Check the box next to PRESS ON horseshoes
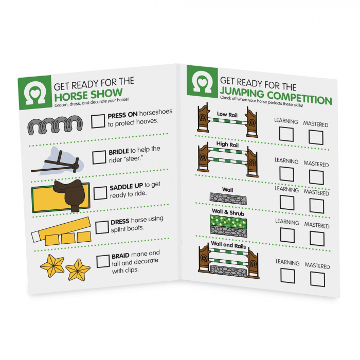click(98, 121)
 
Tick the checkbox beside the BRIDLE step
click(99, 157)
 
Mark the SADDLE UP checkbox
click(100, 193)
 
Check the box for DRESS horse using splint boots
click(102, 227)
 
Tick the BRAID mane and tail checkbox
click(103, 261)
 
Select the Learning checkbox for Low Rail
click(286, 134)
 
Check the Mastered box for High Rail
click(316, 177)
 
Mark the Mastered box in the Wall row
click(317, 206)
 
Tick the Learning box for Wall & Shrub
click(287, 236)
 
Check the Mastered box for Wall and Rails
click(317, 279)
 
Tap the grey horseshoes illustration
click(55, 125)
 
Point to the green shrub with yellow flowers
click(228, 221)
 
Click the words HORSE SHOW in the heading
click(88, 95)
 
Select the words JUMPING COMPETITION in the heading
click(276, 96)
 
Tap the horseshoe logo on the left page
click(35, 93)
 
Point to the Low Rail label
click(227, 114)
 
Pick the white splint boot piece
click(37, 237)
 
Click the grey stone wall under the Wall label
click(228, 199)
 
